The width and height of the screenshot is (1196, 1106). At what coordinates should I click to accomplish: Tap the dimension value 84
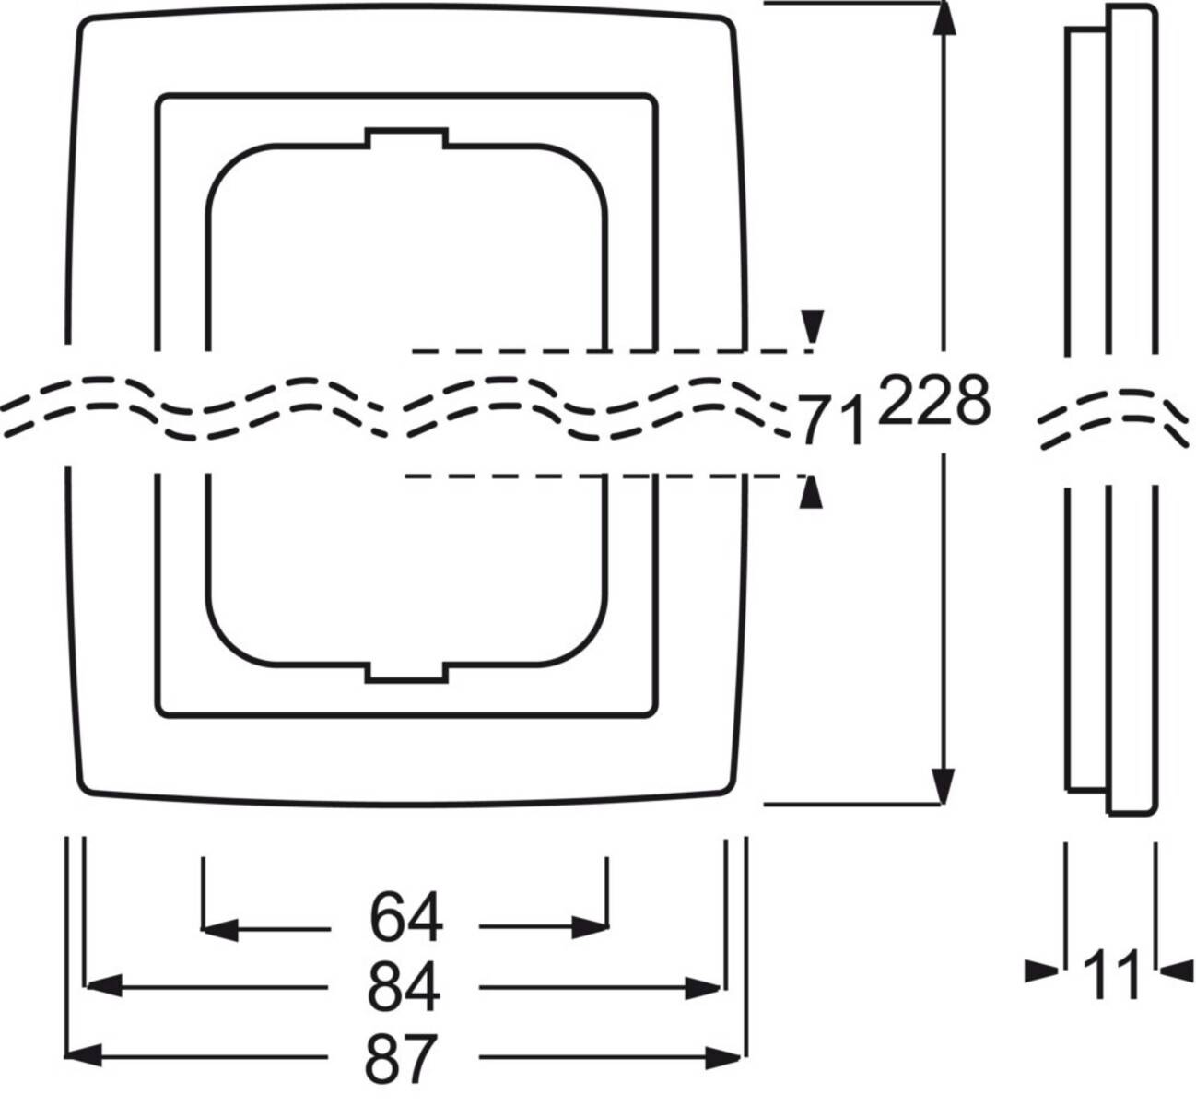click(404, 987)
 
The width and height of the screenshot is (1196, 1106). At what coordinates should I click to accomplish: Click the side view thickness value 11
click(1110, 975)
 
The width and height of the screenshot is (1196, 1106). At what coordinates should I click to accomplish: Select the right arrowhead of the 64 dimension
click(591, 928)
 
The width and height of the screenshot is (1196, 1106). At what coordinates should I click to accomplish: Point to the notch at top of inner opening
click(406, 138)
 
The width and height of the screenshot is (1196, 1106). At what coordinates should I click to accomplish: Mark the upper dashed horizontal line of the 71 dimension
click(608, 351)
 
